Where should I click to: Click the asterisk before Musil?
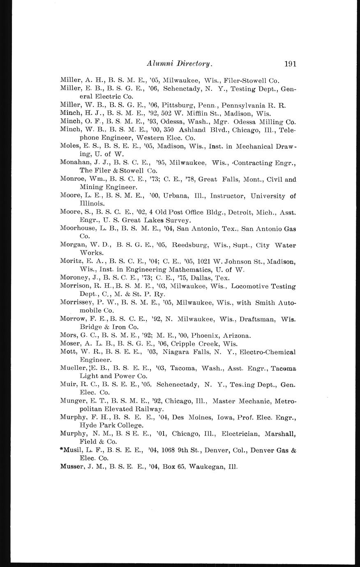coord(62,449)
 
